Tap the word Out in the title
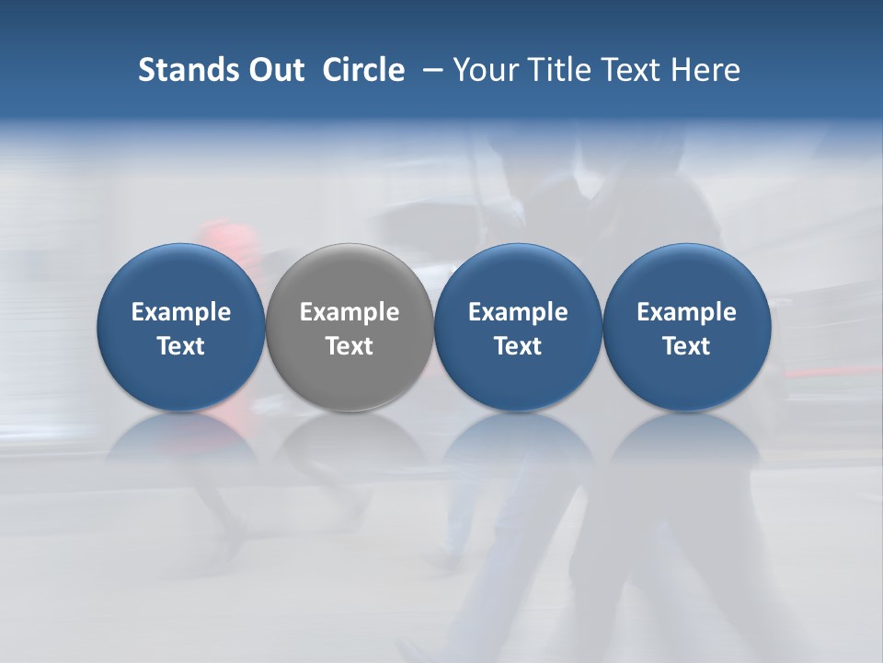point(275,70)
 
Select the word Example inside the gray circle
point(350,312)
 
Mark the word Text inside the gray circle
point(350,346)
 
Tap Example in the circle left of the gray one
point(181,312)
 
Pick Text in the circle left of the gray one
point(181,346)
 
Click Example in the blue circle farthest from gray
point(687,312)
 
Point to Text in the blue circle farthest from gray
point(687,346)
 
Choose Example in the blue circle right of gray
point(518,312)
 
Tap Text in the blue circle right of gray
point(518,346)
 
